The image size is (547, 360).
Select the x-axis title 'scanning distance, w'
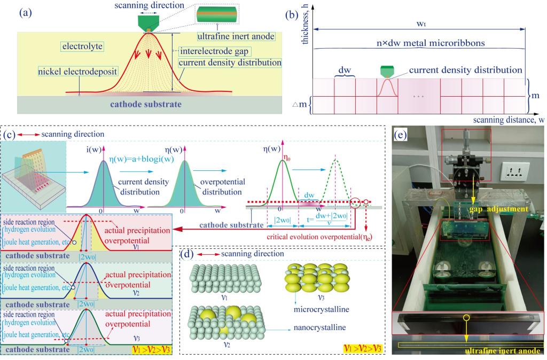pos(508,120)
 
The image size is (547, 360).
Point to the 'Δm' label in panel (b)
pos(301,104)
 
